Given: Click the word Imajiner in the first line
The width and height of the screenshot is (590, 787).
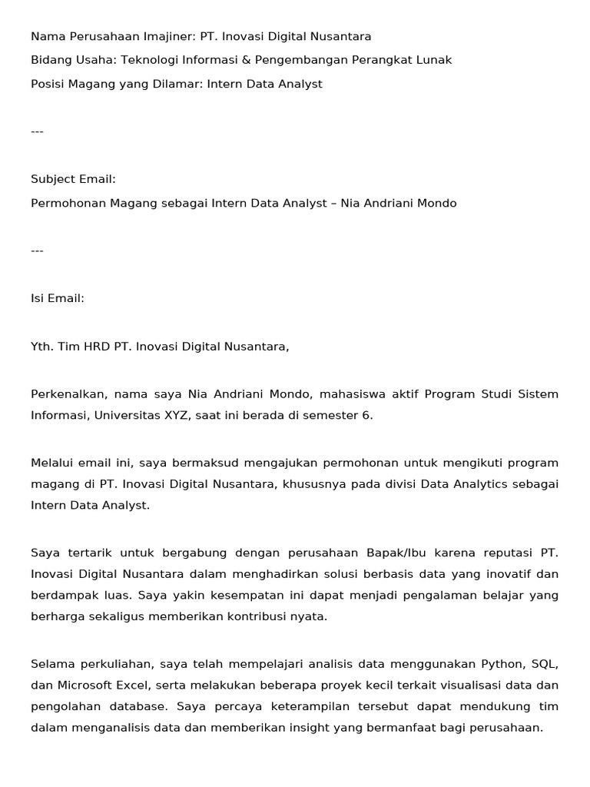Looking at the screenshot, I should coord(167,36).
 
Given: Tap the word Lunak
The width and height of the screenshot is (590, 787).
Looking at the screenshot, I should coord(436,60).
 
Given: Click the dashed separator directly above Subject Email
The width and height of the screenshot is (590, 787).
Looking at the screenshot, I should coord(37,131).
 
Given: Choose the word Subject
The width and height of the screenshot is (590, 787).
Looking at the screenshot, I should coord(53,179).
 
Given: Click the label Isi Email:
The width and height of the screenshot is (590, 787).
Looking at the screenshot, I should coord(58,298).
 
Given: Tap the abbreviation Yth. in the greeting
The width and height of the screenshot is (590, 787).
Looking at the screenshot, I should coord(42,347).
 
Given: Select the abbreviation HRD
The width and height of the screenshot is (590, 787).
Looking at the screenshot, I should coord(97,347).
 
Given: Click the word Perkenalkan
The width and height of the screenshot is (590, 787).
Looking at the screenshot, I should coord(69,394).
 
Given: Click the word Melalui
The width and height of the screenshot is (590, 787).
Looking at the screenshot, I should coord(53,463).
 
